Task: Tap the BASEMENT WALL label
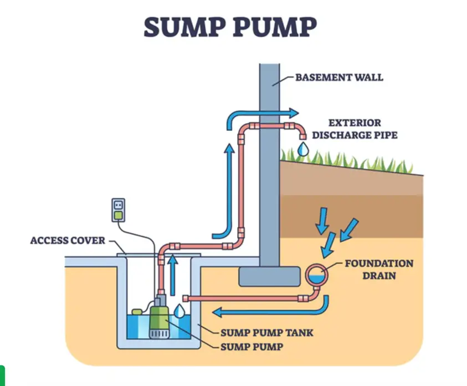(338, 77)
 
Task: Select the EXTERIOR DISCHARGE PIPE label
(355, 128)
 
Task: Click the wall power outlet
(117, 210)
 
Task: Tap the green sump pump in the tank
(159, 319)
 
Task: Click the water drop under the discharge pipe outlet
(302, 149)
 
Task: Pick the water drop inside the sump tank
(179, 311)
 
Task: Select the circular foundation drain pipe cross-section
(317, 273)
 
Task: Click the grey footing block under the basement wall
(269, 276)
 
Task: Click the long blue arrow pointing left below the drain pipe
(266, 311)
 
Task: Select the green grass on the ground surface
(355, 160)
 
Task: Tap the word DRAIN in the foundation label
(379, 275)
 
